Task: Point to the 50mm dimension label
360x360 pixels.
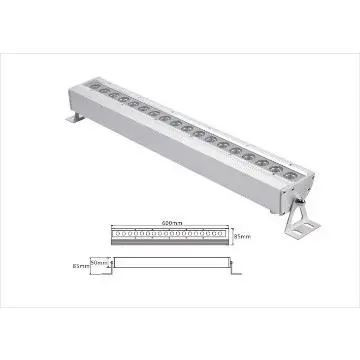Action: coord(101,259)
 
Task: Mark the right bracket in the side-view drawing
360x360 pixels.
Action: coord(237,265)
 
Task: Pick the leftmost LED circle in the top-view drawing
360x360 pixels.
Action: coord(119,235)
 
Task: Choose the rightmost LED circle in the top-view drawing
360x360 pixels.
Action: coord(224,235)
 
